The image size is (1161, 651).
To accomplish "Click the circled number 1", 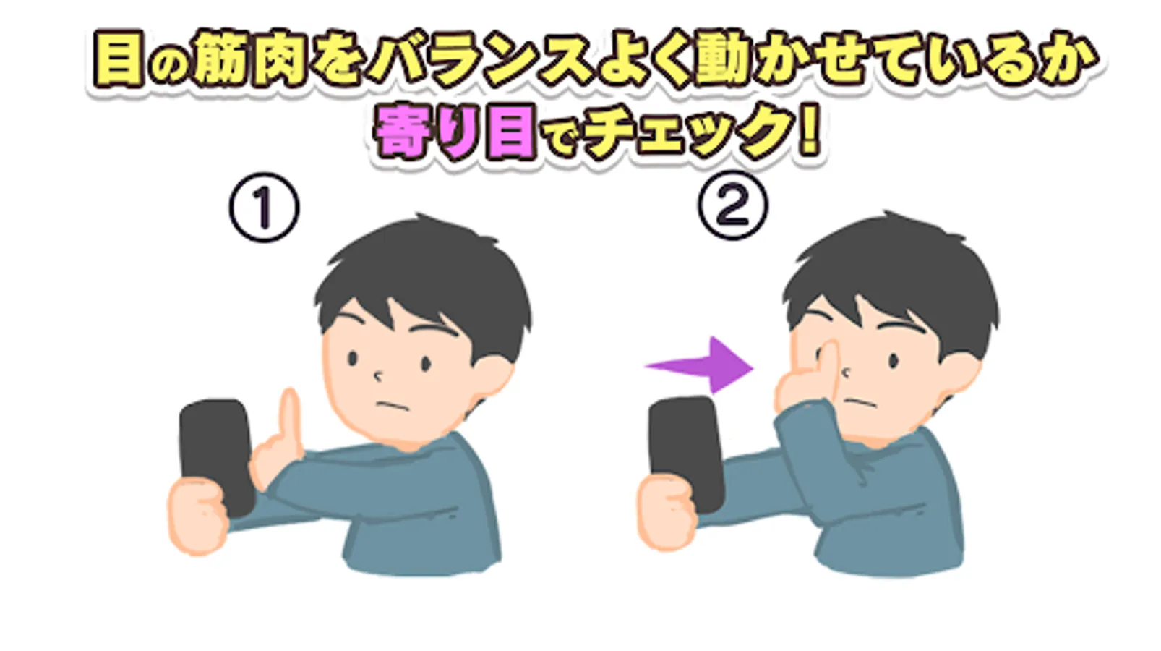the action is pyautogui.click(x=265, y=208).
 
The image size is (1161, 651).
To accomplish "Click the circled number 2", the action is pyautogui.click(x=733, y=205).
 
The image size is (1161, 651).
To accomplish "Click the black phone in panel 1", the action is pyautogui.click(x=218, y=456).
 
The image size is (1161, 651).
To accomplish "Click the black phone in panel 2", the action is pyautogui.click(x=686, y=454).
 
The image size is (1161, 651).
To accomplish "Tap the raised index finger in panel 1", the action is pyautogui.click(x=290, y=421).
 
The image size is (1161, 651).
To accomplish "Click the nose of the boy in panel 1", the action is pyautogui.click(x=378, y=375).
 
